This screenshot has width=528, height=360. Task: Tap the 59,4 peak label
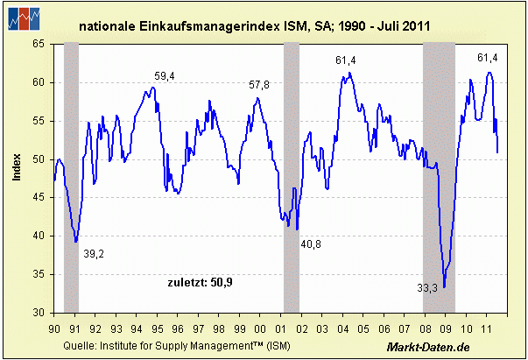coord(165,76)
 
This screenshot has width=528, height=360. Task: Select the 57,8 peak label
coord(259,84)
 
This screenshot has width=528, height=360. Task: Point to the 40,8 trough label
coord(311,244)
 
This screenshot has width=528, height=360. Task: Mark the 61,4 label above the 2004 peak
coord(346,60)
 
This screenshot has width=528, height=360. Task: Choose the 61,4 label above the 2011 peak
coord(487,58)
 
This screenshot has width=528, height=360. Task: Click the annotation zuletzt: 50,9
coord(201,281)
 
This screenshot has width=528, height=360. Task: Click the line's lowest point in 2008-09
coord(444,286)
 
